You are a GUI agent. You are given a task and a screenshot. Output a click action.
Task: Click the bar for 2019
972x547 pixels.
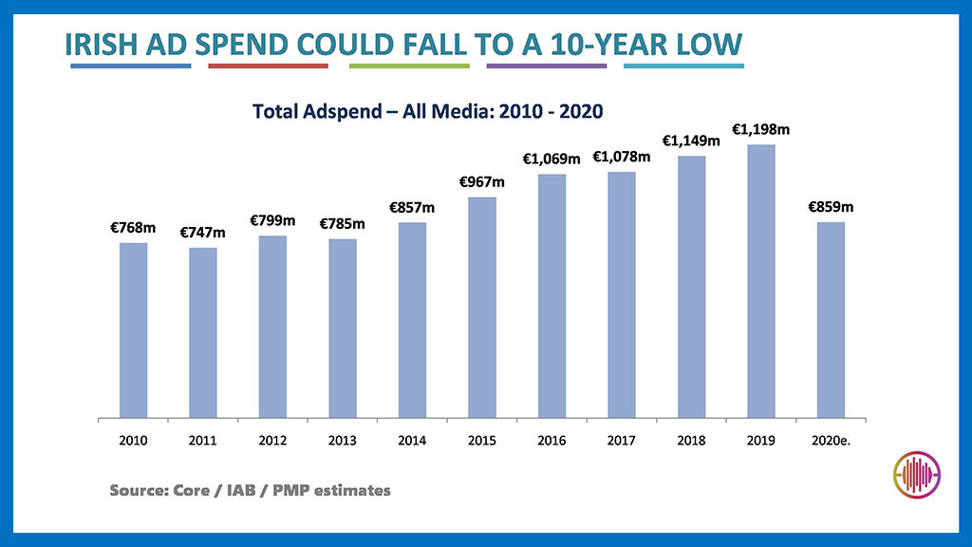pyautogui.click(x=761, y=281)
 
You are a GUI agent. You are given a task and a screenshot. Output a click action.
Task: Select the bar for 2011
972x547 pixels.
pyautogui.click(x=203, y=332)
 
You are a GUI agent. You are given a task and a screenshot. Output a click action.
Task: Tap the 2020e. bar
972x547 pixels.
pyautogui.click(x=831, y=320)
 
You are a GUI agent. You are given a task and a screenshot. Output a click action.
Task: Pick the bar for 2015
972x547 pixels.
pyautogui.click(x=482, y=307)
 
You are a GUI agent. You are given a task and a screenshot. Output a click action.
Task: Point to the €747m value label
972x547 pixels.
pyautogui.click(x=203, y=233)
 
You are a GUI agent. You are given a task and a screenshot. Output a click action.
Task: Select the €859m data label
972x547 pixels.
pyautogui.click(x=831, y=206)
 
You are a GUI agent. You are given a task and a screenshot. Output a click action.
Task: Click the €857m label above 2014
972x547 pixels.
pyautogui.click(x=412, y=207)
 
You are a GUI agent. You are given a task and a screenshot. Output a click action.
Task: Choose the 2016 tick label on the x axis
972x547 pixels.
pyautogui.click(x=551, y=441)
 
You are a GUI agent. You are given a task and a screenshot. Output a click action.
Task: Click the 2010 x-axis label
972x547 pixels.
pyautogui.click(x=134, y=441)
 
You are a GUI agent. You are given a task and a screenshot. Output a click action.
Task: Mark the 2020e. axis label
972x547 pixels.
pyautogui.click(x=831, y=441)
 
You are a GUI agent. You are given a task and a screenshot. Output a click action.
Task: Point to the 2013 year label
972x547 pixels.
pyautogui.click(x=343, y=441)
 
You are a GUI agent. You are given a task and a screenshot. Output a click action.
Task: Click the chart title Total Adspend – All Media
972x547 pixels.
pyautogui.click(x=428, y=111)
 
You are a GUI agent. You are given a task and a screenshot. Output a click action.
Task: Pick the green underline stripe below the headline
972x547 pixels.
pyautogui.click(x=409, y=66)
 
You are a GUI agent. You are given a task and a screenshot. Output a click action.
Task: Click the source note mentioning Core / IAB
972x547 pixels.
pyautogui.click(x=250, y=491)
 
